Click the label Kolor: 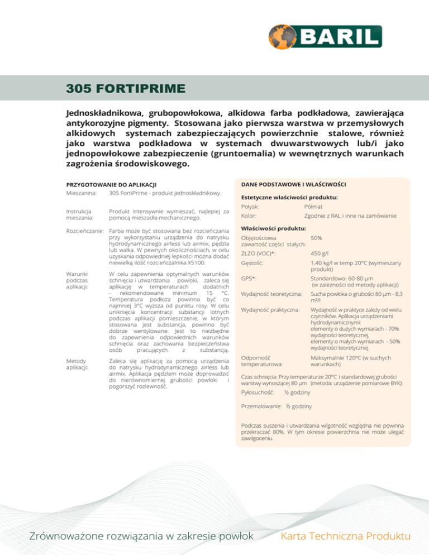pos(249,216)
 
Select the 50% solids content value pos(316,238)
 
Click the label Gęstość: pos(252,263)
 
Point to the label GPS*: pos(249,277)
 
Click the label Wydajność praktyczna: pos(268,309)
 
